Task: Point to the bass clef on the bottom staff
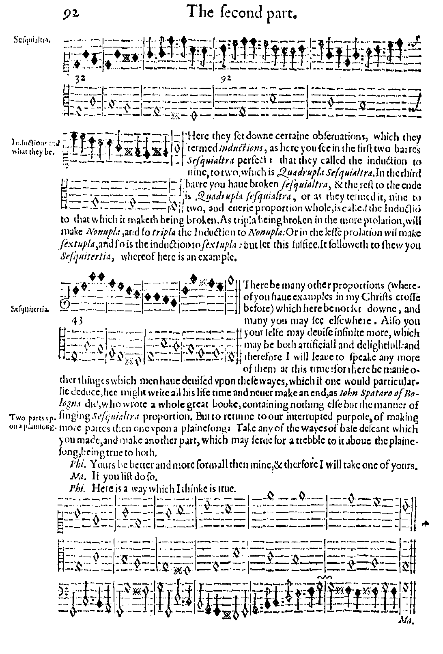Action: [66, 586]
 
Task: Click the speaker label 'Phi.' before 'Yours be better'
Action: [75, 464]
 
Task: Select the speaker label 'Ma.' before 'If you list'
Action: [75, 475]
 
